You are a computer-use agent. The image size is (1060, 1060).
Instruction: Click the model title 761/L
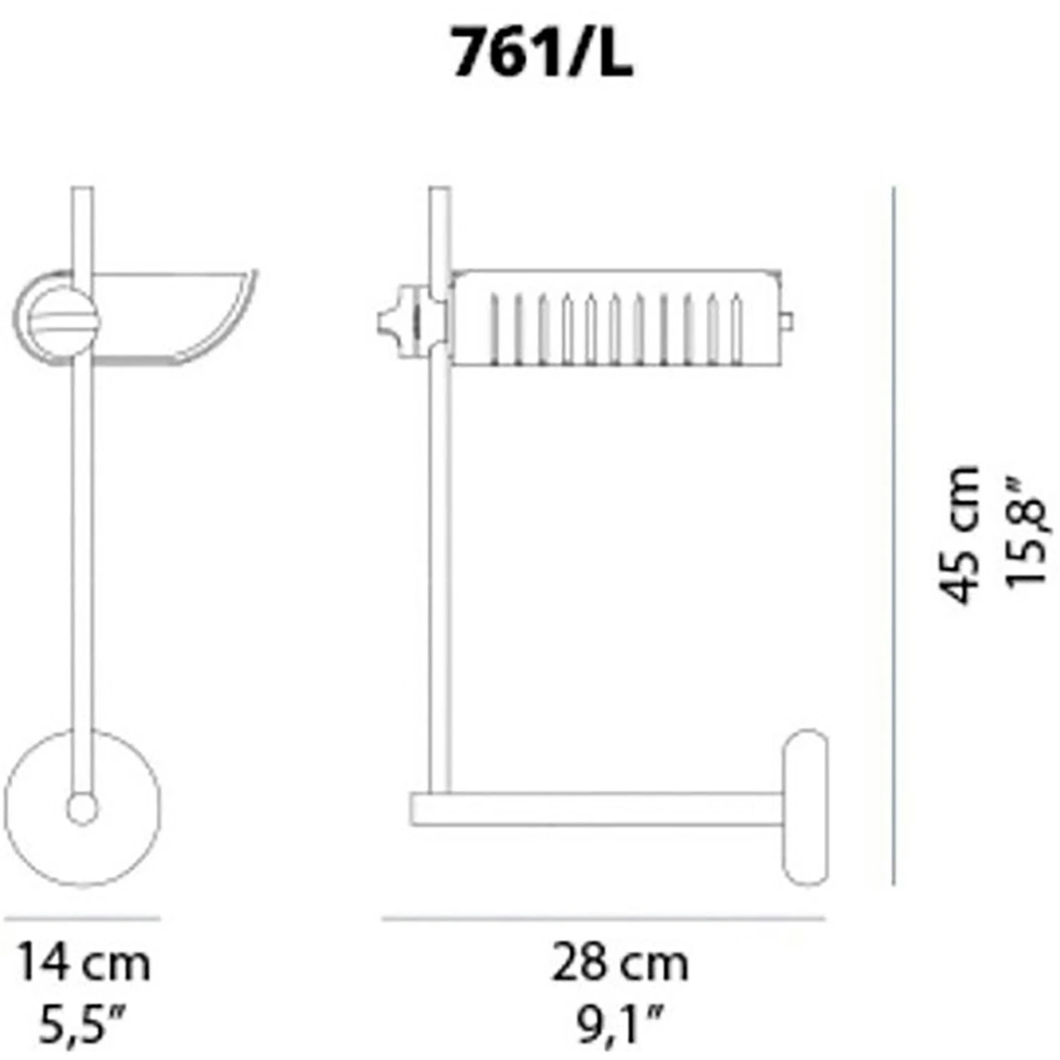pyautogui.click(x=542, y=53)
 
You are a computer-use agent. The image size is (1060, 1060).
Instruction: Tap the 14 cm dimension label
pyautogui.click(x=83, y=963)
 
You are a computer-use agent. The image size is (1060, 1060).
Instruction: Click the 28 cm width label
pyautogui.click(x=620, y=963)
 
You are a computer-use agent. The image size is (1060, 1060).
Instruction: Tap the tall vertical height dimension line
pyautogui.click(x=894, y=535)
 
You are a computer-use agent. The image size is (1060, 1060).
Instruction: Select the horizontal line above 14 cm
pyautogui.click(x=83, y=919)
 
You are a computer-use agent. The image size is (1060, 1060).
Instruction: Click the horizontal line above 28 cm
pyautogui.click(x=604, y=919)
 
